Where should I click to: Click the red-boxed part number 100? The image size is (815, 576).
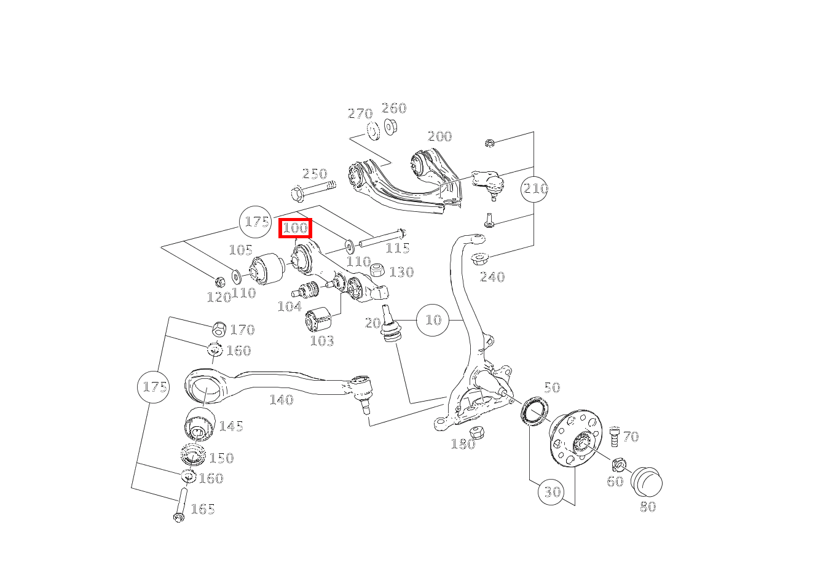[295, 228]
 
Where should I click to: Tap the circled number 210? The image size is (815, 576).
[534, 189]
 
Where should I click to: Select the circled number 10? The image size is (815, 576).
[433, 320]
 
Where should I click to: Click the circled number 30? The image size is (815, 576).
[551, 492]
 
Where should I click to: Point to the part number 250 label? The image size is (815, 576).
[315, 174]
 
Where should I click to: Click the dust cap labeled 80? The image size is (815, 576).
[647, 482]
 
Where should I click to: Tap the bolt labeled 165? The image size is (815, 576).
[181, 505]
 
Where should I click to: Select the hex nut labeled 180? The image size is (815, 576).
[476, 432]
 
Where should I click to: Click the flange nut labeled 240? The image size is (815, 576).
[479, 259]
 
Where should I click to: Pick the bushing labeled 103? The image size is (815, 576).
[318, 319]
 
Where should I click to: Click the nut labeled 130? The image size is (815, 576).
[377, 270]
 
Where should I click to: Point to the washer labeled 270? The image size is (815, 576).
[372, 131]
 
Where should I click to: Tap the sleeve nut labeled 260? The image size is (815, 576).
[390, 126]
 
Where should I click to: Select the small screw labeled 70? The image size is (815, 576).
[615, 437]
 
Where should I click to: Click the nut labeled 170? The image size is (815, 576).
[219, 329]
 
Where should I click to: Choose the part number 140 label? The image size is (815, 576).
[282, 400]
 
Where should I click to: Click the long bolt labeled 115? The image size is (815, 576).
[383, 238]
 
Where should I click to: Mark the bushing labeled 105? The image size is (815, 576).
[268, 269]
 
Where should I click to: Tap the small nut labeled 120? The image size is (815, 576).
[219, 282]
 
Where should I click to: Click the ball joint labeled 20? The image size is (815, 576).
[390, 324]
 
